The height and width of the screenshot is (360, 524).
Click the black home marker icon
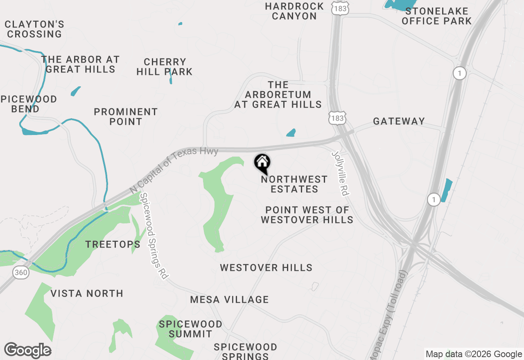[262, 163]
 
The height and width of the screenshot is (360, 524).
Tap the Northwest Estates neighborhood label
[294, 184]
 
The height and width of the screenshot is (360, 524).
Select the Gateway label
[399, 121]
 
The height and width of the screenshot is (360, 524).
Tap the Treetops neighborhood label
[113, 245]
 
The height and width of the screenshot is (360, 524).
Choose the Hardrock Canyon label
[294, 11]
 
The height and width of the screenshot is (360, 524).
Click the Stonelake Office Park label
[437, 16]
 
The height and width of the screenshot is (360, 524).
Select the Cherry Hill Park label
[165, 67]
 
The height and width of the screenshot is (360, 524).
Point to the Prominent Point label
[126, 117]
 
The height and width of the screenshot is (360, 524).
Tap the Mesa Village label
[229, 300]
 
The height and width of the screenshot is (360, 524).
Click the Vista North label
[87, 293]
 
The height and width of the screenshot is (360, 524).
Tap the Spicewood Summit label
[191, 329]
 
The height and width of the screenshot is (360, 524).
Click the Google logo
[27, 351]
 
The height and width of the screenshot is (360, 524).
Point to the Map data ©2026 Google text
[474, 354]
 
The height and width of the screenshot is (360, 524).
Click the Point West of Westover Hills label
[307, 215]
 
